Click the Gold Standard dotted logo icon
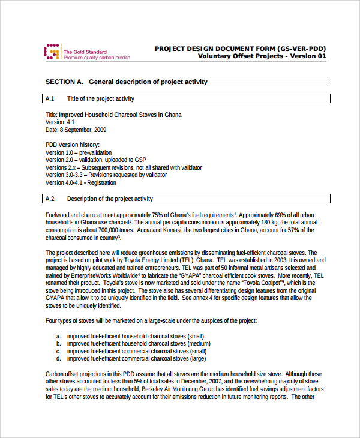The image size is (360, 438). click(52, 52)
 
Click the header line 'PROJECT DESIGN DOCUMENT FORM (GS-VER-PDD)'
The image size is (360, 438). click(241, 49)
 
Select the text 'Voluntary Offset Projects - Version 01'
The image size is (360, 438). click(262, 56)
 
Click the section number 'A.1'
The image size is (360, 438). click(50, 98)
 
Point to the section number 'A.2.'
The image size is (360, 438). click(51, 199)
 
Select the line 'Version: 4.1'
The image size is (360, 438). click(60, 122)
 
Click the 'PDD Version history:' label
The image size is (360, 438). click(73, 145)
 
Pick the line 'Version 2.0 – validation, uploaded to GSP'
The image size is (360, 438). click(96, 160)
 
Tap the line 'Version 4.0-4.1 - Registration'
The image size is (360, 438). click(81, 183)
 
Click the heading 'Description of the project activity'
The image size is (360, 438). click(110, 199)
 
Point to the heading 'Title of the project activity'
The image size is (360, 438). click(101, 98)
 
